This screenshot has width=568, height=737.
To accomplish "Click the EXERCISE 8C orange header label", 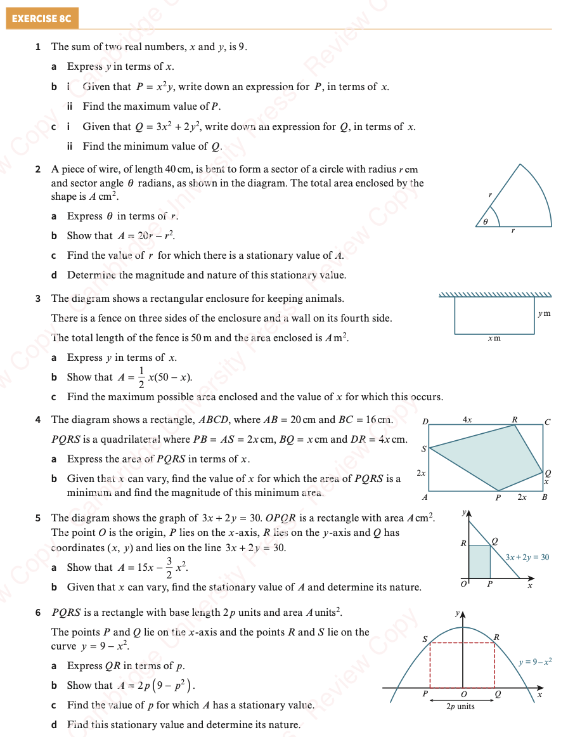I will click(x=42, y=18).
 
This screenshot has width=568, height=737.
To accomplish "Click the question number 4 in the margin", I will click(x=38, y=420).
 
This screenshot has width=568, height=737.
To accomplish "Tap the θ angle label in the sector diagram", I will click(x=486, y=222).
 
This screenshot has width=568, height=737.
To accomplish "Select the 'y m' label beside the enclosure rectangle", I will click(x=544, y=313).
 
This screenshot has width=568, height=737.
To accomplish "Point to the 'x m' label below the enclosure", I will click(x=494, y=338).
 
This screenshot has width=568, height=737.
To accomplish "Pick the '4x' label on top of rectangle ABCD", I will click(x=467, y=419).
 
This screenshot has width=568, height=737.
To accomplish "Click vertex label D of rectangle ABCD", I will click(x=425, y=422).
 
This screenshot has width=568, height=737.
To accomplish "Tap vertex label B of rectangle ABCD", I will click(x=545, y=497).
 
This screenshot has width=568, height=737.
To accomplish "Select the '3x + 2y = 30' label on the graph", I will click(x=527, y=557).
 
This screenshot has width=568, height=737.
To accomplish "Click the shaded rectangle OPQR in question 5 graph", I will click(x=480, y=562).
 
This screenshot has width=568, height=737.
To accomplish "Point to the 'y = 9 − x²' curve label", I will click(x=535, y=662).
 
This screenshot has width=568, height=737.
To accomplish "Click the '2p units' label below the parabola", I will click(x=461, y=707).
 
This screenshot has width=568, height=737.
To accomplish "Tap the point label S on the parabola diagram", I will click(x=425, y=639).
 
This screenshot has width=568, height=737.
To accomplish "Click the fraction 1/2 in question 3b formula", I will click(x=141, y=377).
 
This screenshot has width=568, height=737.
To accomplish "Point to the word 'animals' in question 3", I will click(x=327, y=298).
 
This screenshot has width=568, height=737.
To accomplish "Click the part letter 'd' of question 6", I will click(x=55, y=725).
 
